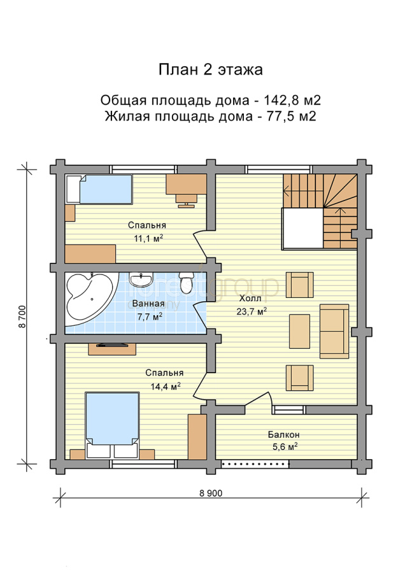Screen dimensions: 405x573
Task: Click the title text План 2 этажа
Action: click(211, 69)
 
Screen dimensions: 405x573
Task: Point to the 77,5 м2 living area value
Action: click(291, 117)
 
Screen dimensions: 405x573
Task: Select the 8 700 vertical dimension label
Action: click(23, 316)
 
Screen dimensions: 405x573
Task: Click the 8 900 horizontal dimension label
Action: click(211, 493)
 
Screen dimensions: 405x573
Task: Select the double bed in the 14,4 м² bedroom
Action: click(112, 425)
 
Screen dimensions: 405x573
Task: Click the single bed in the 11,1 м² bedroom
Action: click(99, 189)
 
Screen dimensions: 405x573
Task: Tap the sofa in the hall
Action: click(334, 331)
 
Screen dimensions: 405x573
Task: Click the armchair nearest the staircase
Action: click(300, 285)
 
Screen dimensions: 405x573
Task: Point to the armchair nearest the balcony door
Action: click(300, 378)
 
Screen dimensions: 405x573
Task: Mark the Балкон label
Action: click(283, 434)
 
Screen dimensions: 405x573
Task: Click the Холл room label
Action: click(250, 299)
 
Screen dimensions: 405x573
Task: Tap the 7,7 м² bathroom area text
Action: click(150, 316)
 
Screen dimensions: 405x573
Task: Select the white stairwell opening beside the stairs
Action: click(302, 229)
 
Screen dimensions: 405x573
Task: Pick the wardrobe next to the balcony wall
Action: click(197, 437)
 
